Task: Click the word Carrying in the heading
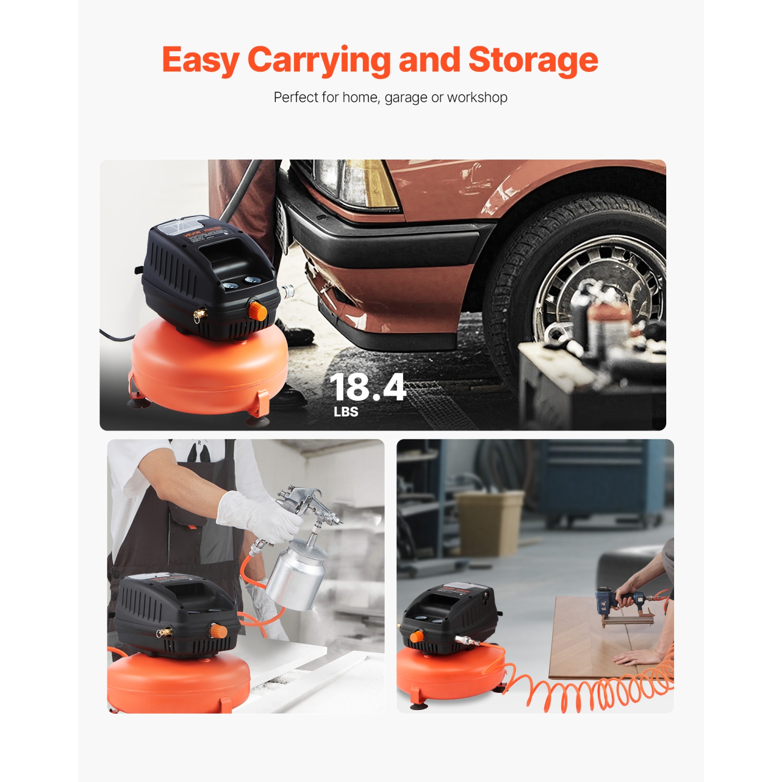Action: click(319, 60)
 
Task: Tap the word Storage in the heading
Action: click(533, 60)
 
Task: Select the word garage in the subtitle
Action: click(406, 97)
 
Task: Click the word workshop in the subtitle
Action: click(477, 97)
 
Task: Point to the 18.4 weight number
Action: click(368, 387)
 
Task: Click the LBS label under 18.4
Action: click(346, 412)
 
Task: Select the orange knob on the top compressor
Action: click(258, 311)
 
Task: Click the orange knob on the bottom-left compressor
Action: click(218, 631)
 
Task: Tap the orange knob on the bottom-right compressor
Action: click(416, 637)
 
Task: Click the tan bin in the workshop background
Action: click(489, 521)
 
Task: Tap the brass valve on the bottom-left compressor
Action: click(164, 633)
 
